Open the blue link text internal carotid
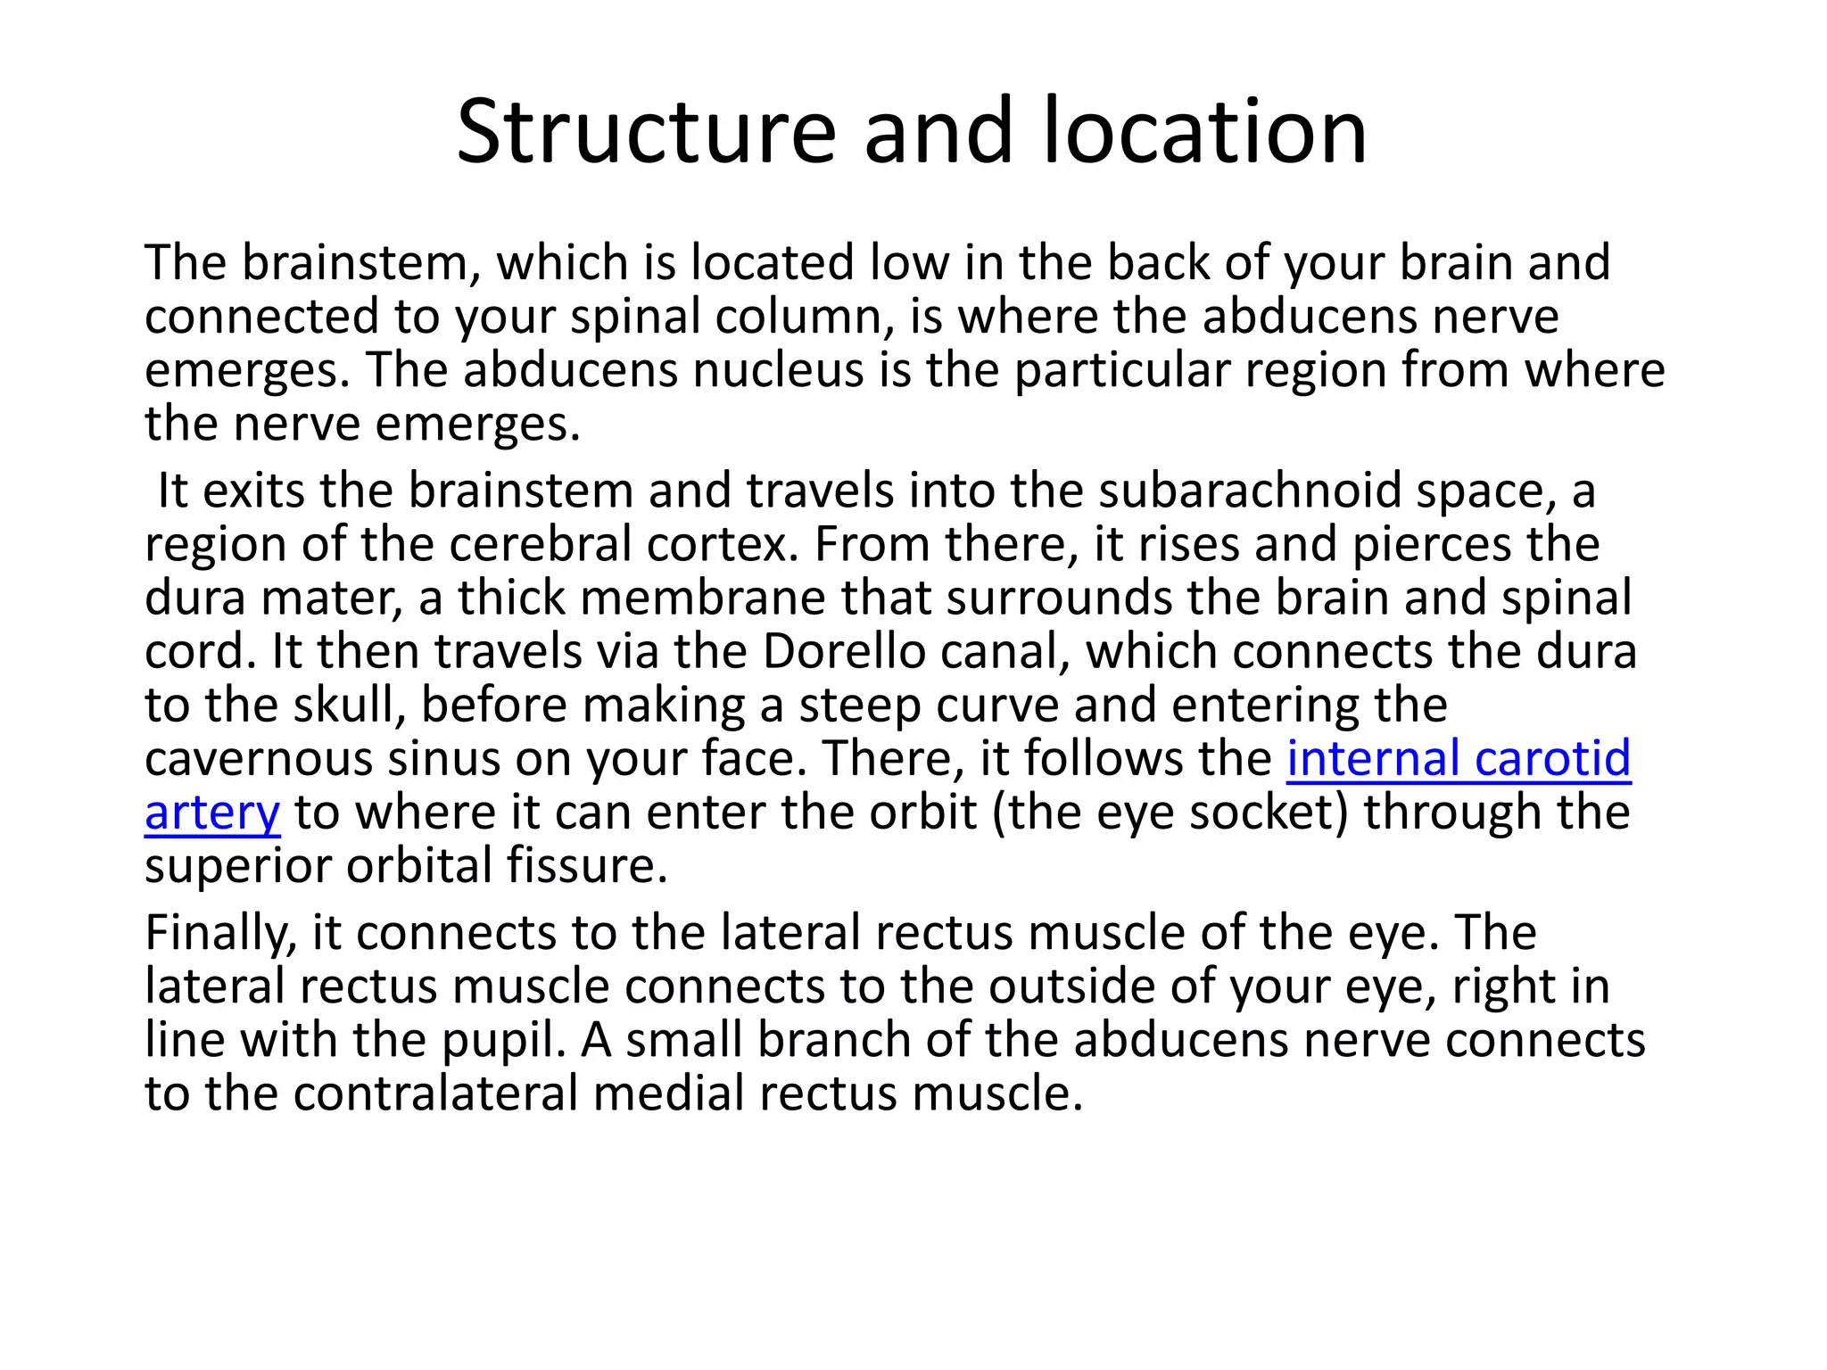[1458, 759]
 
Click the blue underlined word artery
[212, 813]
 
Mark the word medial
[668, 1094]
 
